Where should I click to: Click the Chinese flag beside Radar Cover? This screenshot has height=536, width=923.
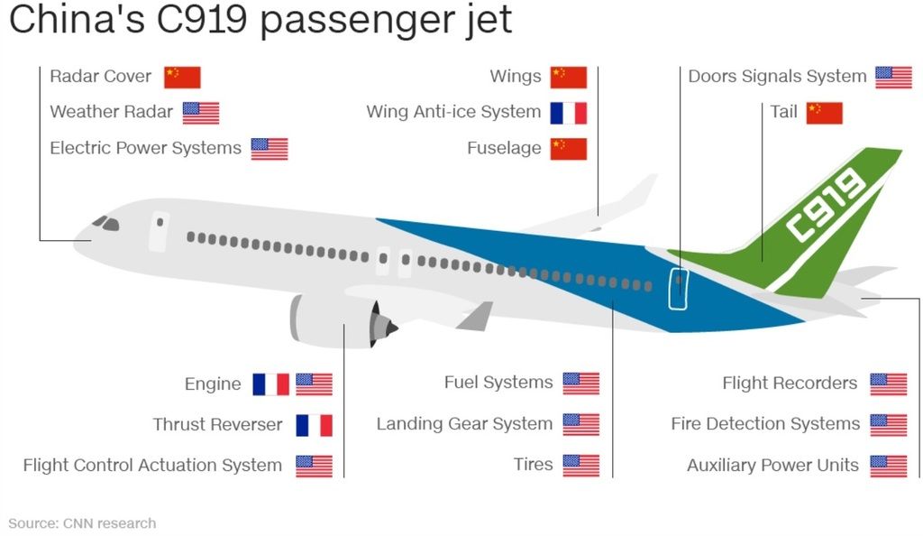pyautogui.click(x=182, y=78)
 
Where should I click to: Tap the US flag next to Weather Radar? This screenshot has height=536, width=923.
pyautogui.click(x=201, y=113)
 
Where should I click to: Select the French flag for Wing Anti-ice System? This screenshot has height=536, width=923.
pyautogui.click(x=569, y=113)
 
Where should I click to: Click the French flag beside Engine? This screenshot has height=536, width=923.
pyautogui.click(x=270, y=384)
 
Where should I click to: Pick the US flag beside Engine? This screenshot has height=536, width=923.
pyautogui.click(x=314, y=384)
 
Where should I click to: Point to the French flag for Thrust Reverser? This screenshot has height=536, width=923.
pyautogui.click(x=314, y=425)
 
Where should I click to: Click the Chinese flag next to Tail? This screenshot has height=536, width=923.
pyautogui.click(x=824, y=113)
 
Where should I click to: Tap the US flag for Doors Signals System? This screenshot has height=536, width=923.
pyautogui.click(x=893, y=78)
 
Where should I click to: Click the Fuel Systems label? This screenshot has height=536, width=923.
pyautogui.click(x=498, y=383)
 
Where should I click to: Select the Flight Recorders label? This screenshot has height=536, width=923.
pyautogui.click(x=790, y=384)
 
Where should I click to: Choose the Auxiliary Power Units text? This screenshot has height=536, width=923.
pyautogui.click(x=772, y=466)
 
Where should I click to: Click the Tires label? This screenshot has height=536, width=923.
pyautogui.click(x=534, y=464)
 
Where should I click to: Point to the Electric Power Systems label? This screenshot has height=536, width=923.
pyautogui.click(x=145, y=148)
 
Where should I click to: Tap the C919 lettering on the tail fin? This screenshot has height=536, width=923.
pyautogui.click(x=827, y=204)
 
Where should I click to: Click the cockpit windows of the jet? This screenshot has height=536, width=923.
pyautogui.click(x=106, y=223)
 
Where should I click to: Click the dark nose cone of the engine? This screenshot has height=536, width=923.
pyautogui.click(x=384, y=325)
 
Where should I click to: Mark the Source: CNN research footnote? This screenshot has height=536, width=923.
pyautogui.click(x=82, y=523)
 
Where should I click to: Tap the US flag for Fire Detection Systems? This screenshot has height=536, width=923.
pyautogui.click(x=888, y=425)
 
